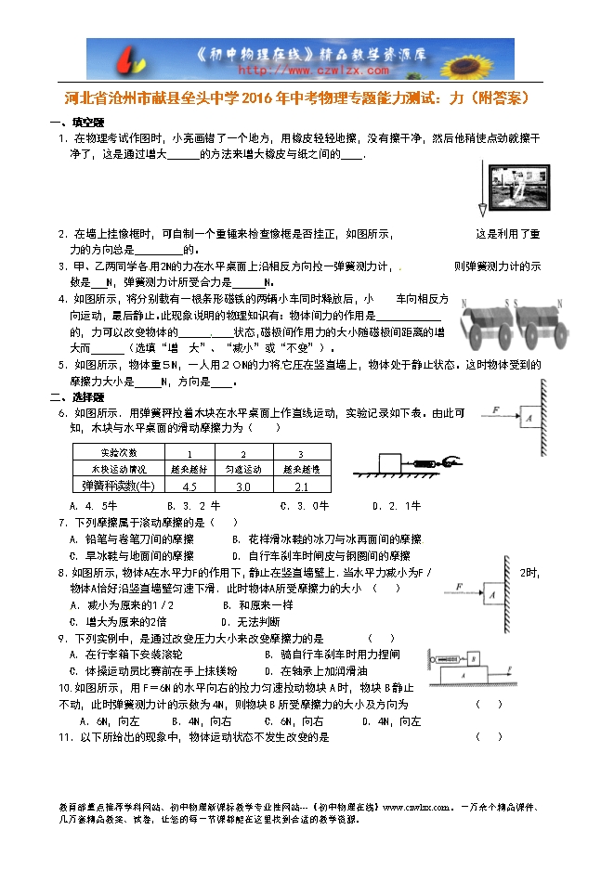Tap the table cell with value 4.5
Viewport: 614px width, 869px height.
(190, 486)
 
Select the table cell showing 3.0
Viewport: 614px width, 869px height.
(244, 486)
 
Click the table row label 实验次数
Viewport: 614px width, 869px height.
(118, 453)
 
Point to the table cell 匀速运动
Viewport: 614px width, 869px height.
(244, 470)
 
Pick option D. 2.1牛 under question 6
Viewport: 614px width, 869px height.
(397, 506)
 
